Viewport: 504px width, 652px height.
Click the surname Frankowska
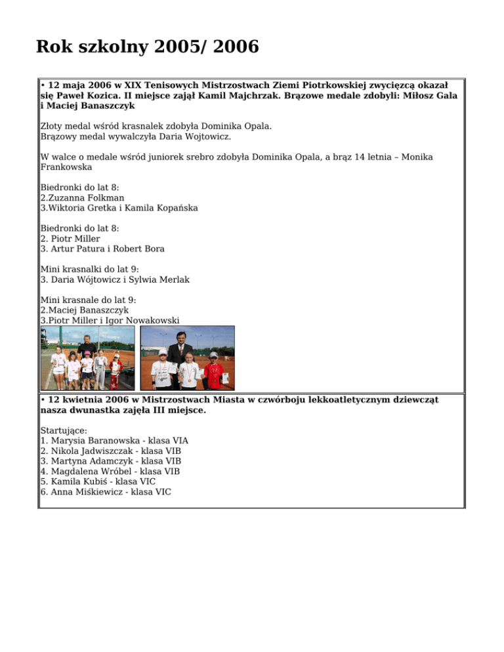[66, 167]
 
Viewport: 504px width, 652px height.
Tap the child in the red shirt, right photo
[213, 371]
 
